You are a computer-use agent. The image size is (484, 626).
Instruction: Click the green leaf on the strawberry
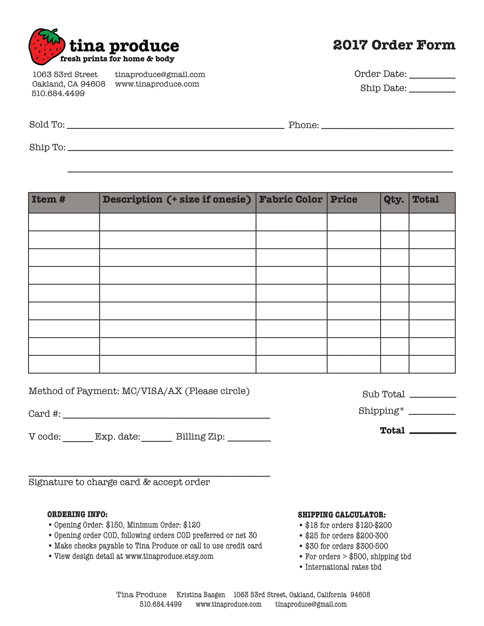coord(51,36)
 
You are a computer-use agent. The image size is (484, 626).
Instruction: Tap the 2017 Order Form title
coord(394,45)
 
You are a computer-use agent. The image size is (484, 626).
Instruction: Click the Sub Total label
coord(383,394)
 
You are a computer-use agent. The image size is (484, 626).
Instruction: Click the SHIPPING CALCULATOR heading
coord(342,515)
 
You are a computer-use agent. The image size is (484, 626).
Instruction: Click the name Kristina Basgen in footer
coord(201,595)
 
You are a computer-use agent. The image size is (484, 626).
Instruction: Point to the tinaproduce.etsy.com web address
coord(169,556)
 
